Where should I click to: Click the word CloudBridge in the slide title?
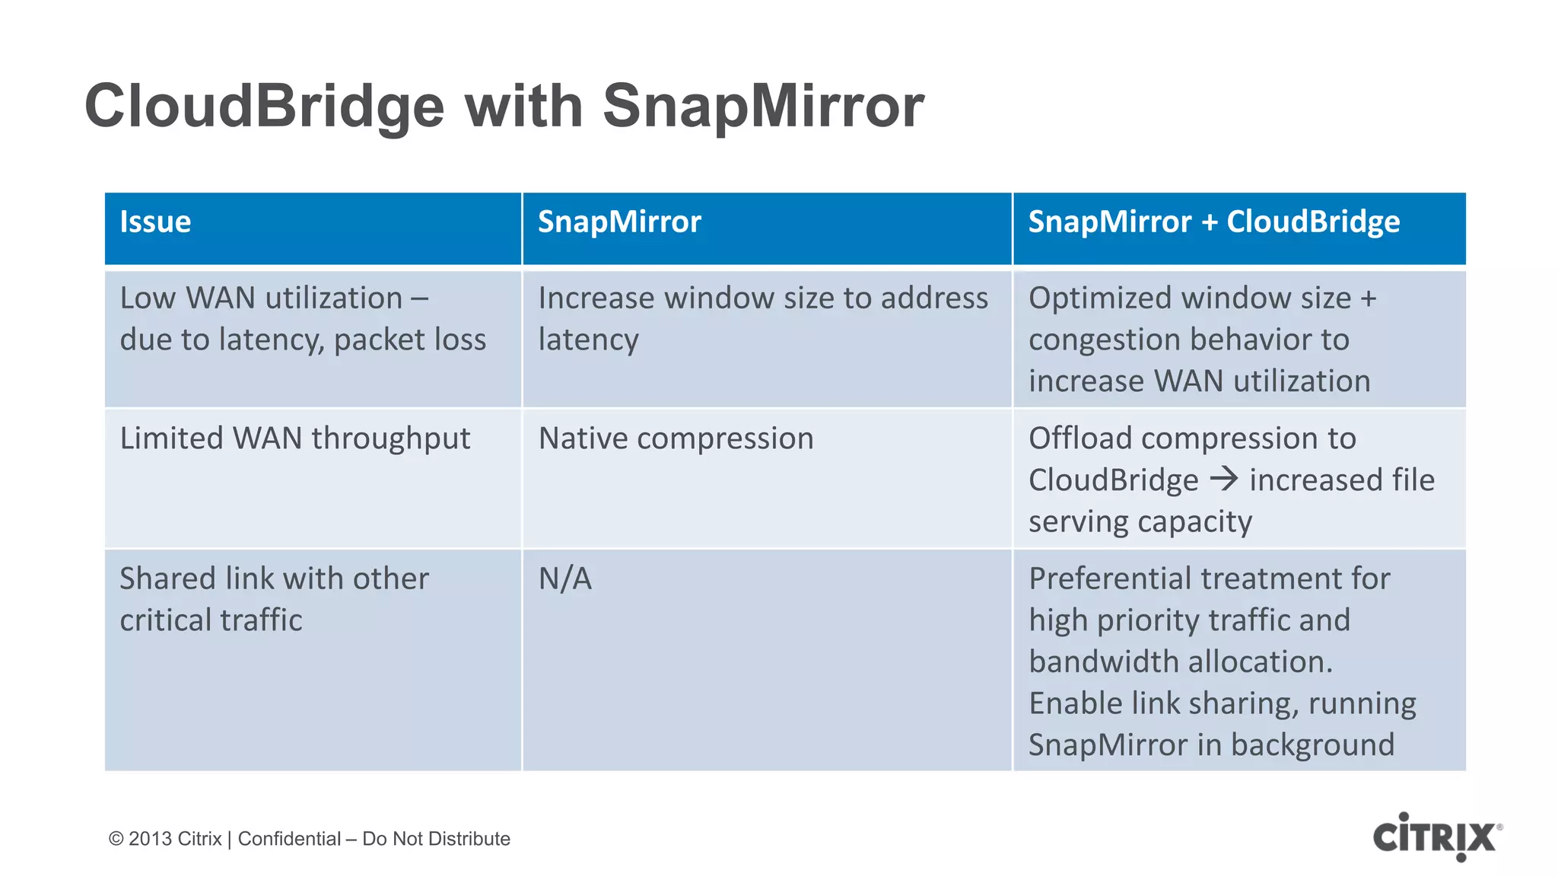tap(264, 106)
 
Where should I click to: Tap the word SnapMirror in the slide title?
tap(763, 106)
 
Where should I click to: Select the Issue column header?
tap(155, 222)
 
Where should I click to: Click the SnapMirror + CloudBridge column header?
tap(1213, 222)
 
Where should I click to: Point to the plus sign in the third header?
tap(1209, 222)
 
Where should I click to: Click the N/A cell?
tap(564, 579)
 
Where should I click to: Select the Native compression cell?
tap(676, 438)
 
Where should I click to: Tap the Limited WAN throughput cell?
tap(295, 438)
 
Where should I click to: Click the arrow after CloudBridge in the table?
tap(1224, 480)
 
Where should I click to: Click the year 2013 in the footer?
tap(150, 839)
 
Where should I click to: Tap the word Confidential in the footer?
tap(289, 839)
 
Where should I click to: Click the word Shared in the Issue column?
tap(167, 579)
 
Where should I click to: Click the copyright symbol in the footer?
tap(116, 839)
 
